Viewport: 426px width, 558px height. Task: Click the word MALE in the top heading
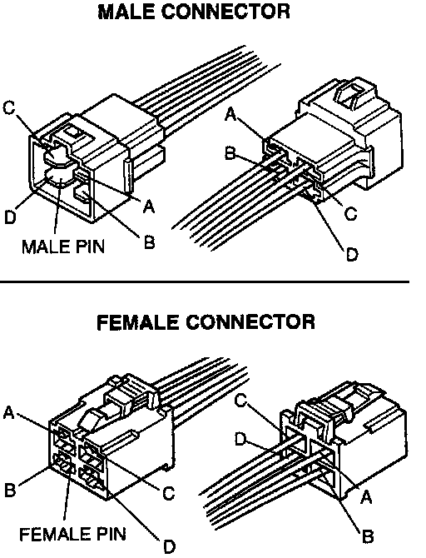coord(126,12)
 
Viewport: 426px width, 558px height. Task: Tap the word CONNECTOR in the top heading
coord(225,12)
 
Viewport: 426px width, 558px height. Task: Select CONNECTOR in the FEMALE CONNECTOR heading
coord(250,322)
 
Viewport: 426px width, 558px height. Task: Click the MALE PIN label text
coord(64,246)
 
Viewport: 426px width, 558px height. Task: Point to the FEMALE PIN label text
coord(73,534)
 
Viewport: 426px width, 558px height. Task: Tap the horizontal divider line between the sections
coord(205,281)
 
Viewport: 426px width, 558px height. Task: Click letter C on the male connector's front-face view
coord(10,107)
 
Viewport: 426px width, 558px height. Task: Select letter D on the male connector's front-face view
coord(10,217)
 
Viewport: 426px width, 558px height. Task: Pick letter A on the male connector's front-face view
coord(149,206)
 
